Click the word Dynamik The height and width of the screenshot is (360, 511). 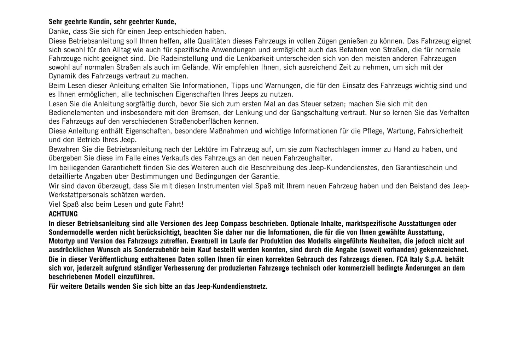coord(60,76)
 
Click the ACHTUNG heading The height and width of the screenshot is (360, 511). coord(63,214)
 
